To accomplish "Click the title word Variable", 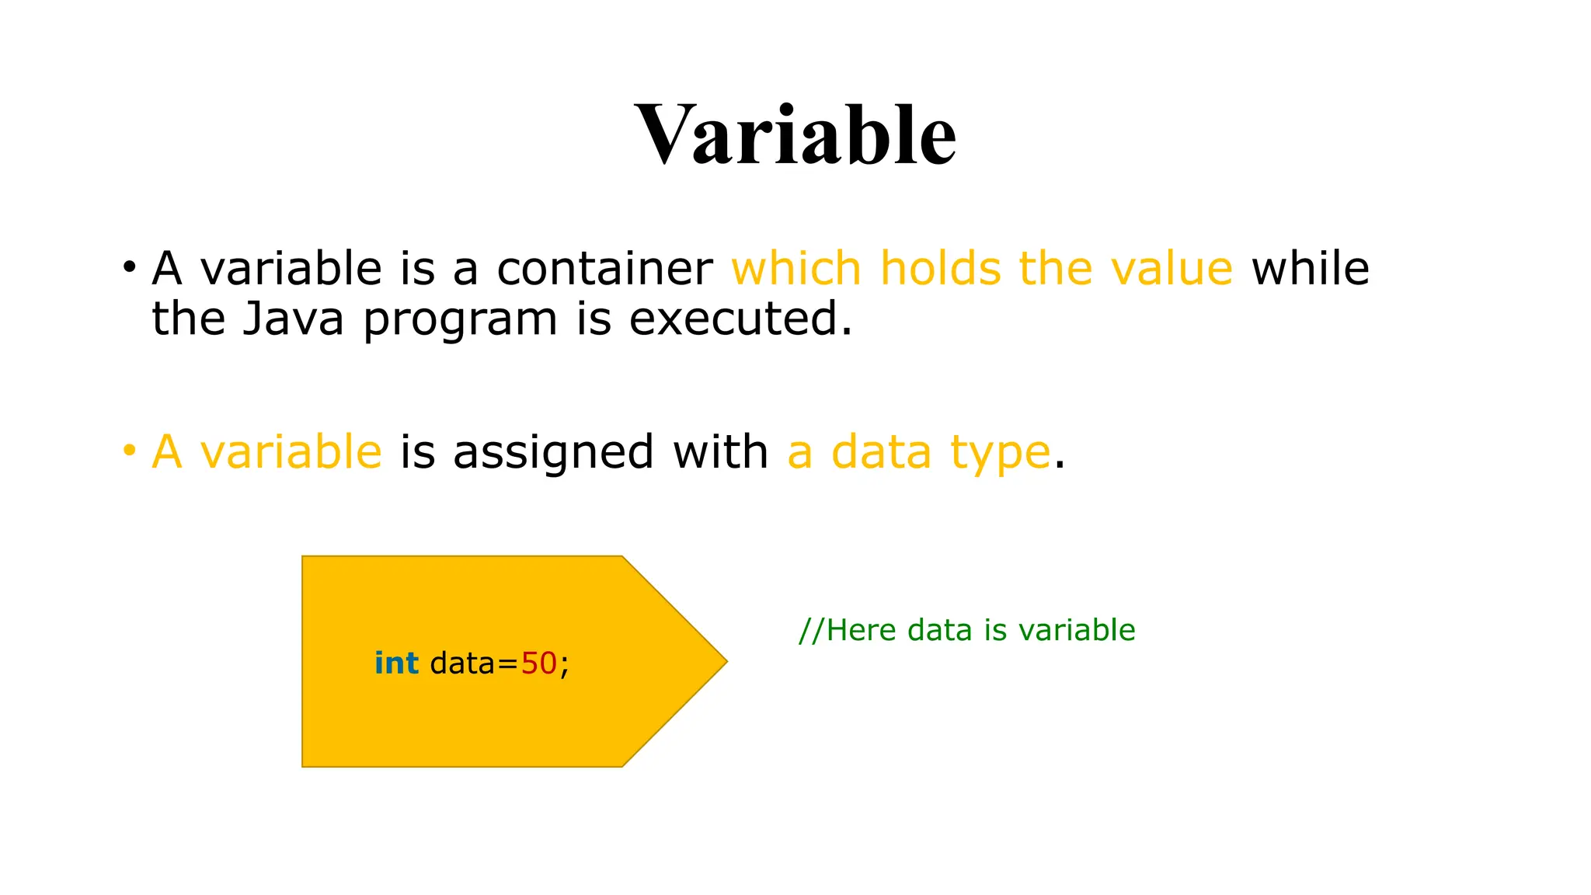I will (795, 135).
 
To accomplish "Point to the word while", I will (1310, 269).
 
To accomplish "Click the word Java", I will (293, 319).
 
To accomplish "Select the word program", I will (460, 321).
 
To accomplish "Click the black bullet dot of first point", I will (129, 268).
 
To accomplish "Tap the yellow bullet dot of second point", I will (129, 451).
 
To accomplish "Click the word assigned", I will (552, 453).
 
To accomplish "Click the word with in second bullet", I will (720, 451).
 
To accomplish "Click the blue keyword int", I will (396, 663).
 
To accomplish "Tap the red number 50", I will (538, 663).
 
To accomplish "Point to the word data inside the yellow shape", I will (462, 663).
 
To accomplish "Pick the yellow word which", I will (796, 269).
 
